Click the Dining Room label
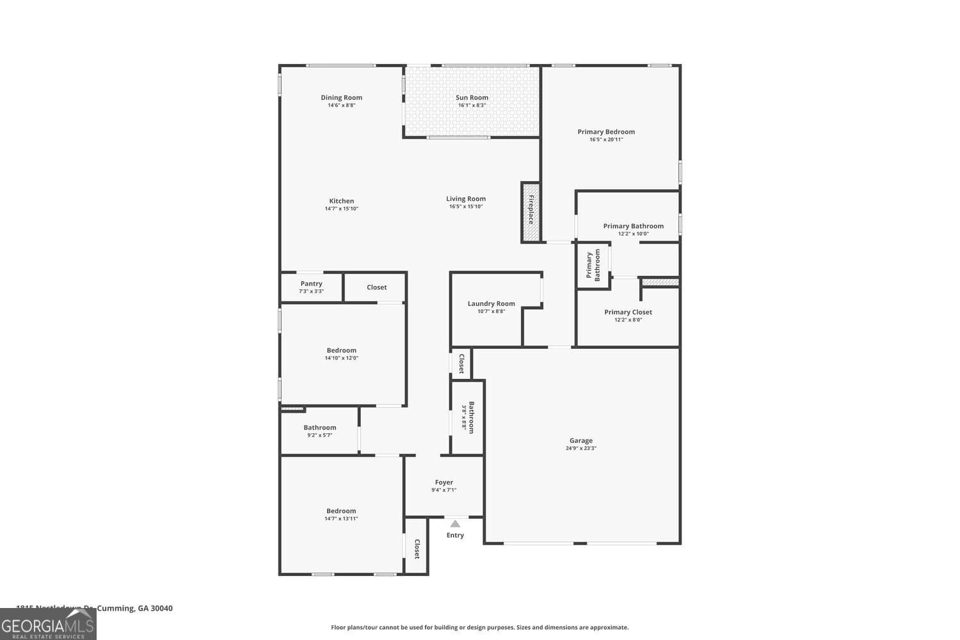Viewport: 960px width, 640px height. pyautogui.click(x=341, y=98)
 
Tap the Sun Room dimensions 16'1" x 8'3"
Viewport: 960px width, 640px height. pyautogui.click(x=472, y=106)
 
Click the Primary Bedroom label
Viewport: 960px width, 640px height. pyautogui.click(x=606, y=132)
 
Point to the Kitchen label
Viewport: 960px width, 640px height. pyautogui.click(x=341, y=201)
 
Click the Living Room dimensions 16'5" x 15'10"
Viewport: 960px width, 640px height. pyautogui.click(x=465, y=207)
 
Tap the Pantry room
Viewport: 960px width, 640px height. pyautogui.click(x=311, y=287)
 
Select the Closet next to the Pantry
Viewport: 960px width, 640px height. pyautogui.click(x=376, y=287)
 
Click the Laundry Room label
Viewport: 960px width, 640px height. pyautogui.click(x=491, y=304)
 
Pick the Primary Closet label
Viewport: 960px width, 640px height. pyautogui.click(x=628, y=312)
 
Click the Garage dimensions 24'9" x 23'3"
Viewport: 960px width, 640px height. pyautogui.click(x=580, y=449)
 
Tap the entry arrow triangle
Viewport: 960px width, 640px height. pyautogui.click(x=455, y=524)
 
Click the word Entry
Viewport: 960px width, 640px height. pyautogui.click(x=455, y=536)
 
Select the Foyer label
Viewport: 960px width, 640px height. pyautogui.click(x=444, y=483)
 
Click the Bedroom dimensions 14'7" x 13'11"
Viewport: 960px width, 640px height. pyautogui.click(x=341, y=519)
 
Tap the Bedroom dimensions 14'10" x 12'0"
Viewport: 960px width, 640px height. pyautogui.click(x=341, y=358)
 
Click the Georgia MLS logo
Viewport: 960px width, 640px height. pyautogui.click(x=48, y=625)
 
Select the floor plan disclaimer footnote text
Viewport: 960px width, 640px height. pyautogui.click(x=479, y=628)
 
